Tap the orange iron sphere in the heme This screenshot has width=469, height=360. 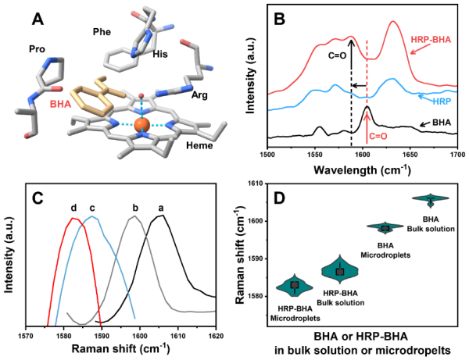[141, 125]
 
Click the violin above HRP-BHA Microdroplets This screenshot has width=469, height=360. [294, 285]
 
